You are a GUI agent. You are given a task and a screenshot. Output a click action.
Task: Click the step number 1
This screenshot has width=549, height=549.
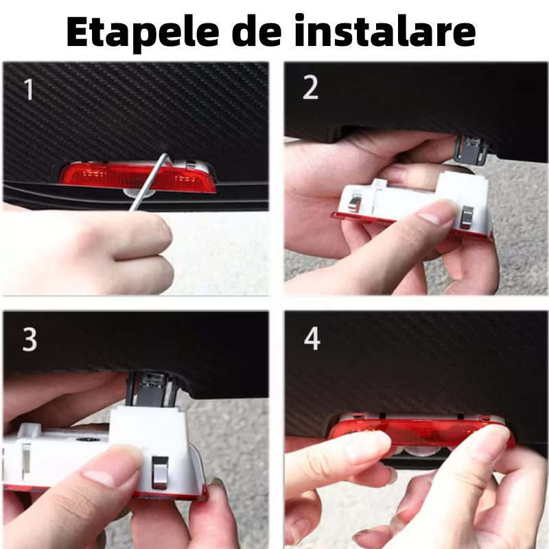coord(28,90)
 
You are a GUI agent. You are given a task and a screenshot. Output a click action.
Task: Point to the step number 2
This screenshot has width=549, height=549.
coord(310,88)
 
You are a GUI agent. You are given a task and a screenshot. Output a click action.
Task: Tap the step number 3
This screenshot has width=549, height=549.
coord(30,340)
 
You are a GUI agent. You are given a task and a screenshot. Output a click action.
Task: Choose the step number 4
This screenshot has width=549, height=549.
coord(312,339)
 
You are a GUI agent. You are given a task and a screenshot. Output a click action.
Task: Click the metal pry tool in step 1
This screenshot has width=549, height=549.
coord(148,182)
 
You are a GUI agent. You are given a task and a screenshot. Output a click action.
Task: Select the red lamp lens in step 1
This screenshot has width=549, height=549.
coord(137,177)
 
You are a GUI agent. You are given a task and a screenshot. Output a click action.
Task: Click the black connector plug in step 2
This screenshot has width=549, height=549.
coord(471,149)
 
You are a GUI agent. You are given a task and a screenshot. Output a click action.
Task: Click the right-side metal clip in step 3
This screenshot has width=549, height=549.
coord(160,473)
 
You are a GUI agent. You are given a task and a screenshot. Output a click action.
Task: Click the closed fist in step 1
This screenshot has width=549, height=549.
coord(88,252)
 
